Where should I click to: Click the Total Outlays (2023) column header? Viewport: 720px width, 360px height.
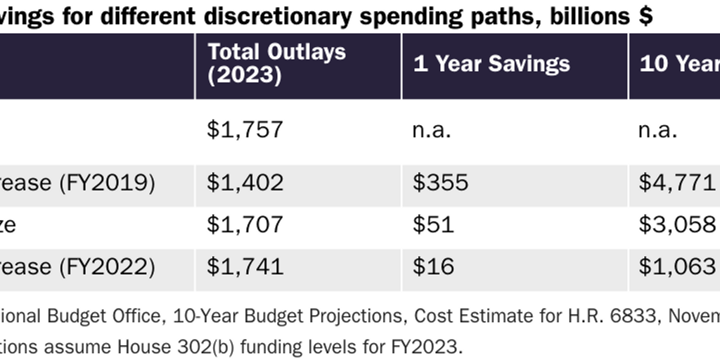tap(277, 63)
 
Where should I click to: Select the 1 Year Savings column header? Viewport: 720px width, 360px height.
tap(491, 64)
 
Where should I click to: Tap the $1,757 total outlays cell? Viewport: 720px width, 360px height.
tap(245, 129)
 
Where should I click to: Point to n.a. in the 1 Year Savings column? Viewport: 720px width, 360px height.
tap(431, 129)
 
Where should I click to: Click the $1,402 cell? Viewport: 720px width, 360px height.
tap(245, 183)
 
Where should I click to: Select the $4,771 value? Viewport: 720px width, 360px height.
tap(677, 183)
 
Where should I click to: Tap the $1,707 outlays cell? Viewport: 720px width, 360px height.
tap(245, 224)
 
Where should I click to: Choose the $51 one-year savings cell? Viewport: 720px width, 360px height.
tap(433, 224)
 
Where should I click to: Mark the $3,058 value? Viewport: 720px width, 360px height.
tap(677, 224)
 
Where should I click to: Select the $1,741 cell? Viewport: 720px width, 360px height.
tap(245, 266)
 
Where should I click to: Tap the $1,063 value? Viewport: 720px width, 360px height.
tap(677, 266)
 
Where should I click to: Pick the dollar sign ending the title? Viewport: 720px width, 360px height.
tap(645, 16)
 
